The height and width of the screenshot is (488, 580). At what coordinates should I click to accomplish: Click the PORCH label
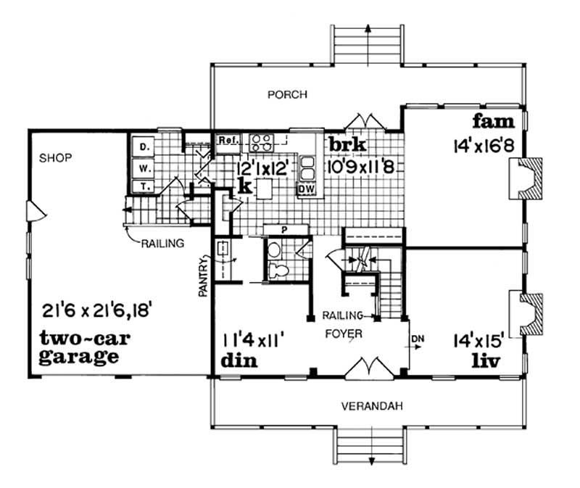point(287,94)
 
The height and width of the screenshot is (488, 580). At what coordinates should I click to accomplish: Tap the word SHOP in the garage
point(56,157)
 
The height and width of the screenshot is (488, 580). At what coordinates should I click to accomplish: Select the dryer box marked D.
point(144,148)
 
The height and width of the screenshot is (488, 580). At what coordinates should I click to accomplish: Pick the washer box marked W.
point(144,168)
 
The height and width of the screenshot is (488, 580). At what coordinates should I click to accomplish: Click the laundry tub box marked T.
point(144,186)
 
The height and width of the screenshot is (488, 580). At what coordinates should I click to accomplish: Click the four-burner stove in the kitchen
point(261,140)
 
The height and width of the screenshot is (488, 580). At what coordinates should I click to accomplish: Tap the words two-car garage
point(79,347)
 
